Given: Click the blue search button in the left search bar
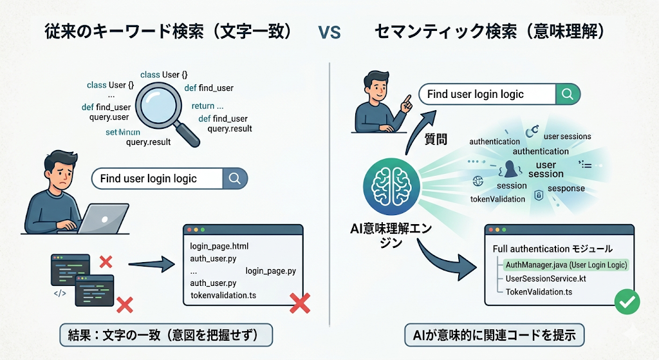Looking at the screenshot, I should [234, 178].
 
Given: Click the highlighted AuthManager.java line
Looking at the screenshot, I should [566, 265].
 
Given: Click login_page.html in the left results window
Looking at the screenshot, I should [219, 247].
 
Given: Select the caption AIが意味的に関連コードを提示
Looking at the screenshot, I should [494, 335].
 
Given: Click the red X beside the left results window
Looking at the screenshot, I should [300, 303].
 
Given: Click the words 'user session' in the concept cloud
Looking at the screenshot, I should [546, 169].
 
